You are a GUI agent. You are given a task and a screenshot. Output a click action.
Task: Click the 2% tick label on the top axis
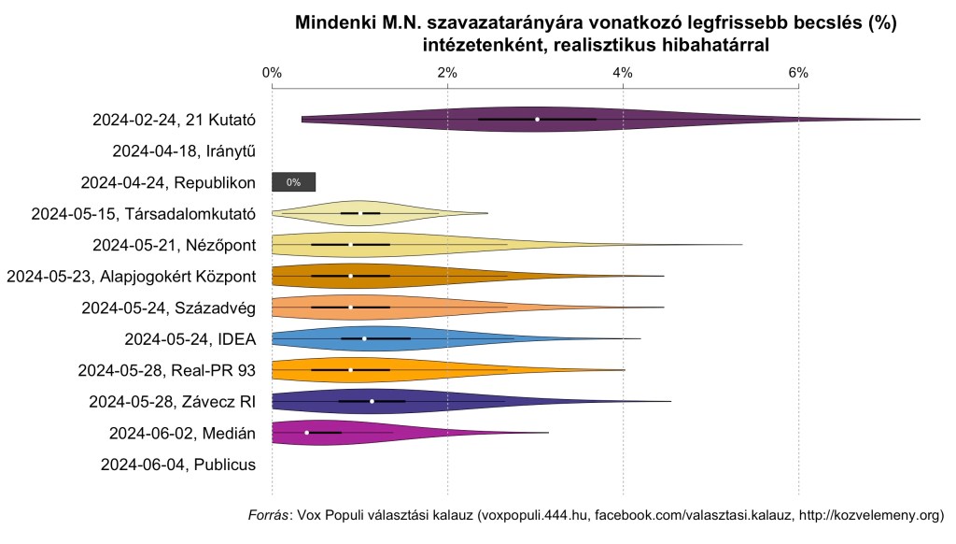[x=447, y=73]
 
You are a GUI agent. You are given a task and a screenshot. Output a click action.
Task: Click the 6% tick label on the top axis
[x=798, y=73]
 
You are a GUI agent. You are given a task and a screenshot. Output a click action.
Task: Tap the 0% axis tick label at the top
[x=272, y=73]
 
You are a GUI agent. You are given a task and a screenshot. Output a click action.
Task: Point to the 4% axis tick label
[x=623, y=73]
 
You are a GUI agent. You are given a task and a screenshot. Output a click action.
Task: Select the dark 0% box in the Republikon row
[x=294, y=182]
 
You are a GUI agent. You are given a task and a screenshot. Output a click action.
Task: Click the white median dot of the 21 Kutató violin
[x=537, y=119]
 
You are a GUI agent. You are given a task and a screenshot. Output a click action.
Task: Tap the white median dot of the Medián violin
[x=307, y=432]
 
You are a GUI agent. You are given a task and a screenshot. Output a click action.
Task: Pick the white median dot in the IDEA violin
[x=364, y=338]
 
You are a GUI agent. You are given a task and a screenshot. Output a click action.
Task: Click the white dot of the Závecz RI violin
[x=372, y=401]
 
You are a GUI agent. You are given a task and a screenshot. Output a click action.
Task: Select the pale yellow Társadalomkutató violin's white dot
[x=359, y=213]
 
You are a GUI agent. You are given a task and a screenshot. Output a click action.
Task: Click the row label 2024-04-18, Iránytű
[x=184, y=150]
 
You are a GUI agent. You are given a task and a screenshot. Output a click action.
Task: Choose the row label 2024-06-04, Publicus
[x=178, y=464]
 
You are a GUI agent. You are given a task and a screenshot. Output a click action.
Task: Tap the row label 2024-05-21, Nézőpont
[x=175, y=245]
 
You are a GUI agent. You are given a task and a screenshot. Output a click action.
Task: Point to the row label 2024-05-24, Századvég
[x=169, y=308]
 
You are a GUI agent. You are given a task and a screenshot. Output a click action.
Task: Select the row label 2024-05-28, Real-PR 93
[x=169, y=370]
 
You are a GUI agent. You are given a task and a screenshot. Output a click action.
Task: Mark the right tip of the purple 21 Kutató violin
[x=919, y=120]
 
